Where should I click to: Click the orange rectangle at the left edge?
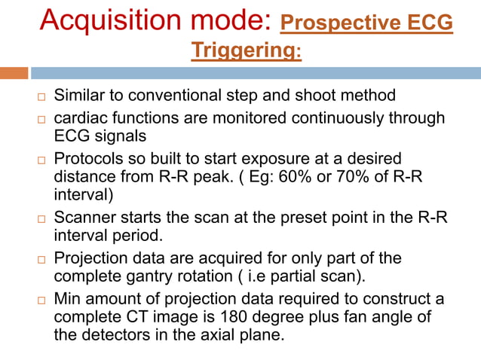pos(14,73)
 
